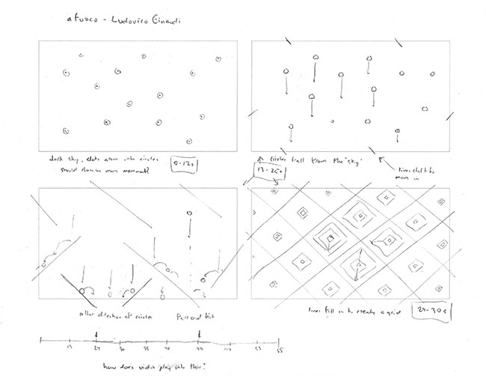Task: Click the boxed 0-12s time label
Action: [184, 163]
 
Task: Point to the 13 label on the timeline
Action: [70, 348]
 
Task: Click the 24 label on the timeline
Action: [98, 348]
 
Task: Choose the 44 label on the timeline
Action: [198, 349]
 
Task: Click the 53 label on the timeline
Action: [259, 349]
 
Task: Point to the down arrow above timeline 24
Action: [98, 334]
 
